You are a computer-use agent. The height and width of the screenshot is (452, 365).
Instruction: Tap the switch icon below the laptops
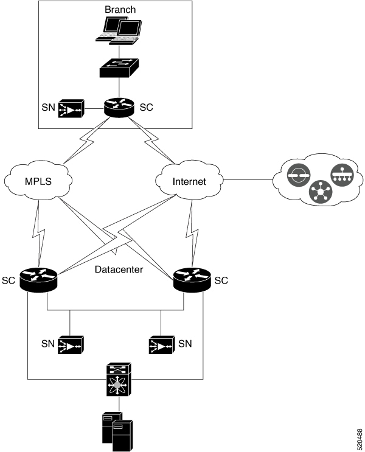pyautogui.click(x=119, y=68)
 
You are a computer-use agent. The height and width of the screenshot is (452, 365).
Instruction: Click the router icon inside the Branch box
pyautogui.click(x=119, y=108)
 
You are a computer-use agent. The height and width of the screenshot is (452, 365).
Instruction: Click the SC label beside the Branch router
pyautogui.click(x=146, y=108)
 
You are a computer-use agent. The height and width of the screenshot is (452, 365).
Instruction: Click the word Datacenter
pyautogui.click(x=119, y=269)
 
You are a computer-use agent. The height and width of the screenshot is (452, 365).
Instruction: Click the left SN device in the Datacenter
pyautogui.click(x=71, y=345)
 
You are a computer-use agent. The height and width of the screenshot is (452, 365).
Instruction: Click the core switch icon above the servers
pyautogui.click(x=119, y=379)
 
